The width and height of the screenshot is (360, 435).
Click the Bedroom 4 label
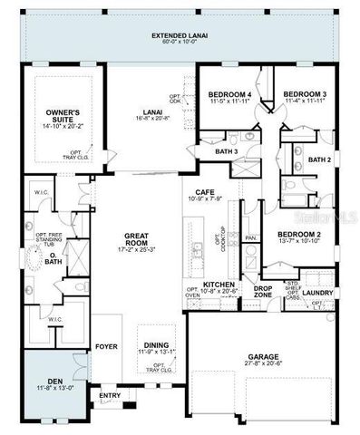click(x=229, y=94)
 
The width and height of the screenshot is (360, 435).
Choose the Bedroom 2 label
click(x=279, y=233)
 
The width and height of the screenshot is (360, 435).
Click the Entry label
click(x=110, y=395)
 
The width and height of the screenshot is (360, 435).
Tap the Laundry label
click(x=317, y=293)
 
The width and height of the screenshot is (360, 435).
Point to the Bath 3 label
click(x=227, y=151)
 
